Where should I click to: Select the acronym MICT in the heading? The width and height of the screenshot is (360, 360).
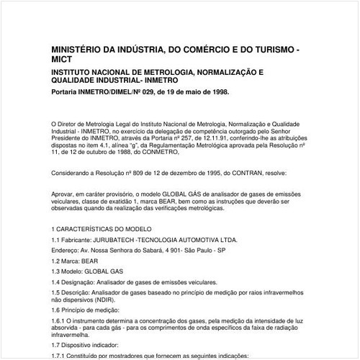pyautogui.click(x=63, y=61)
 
